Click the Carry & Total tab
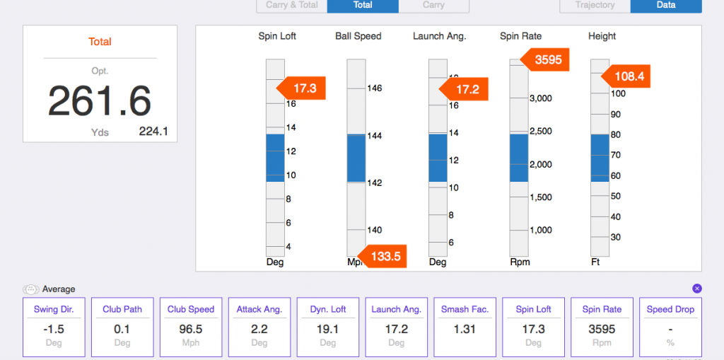pos(291,5)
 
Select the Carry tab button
pos(433,5)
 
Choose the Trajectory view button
pos(595,5)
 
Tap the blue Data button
pos(665,5)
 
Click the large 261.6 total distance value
pos(100,101)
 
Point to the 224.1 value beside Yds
pos(153,131)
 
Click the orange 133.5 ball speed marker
pos(384,256)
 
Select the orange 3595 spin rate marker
pos(547,60)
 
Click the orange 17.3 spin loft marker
pos(303,88)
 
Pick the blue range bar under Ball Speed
pos(356,158)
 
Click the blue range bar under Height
pos(600,158)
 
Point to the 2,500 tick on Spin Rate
pos(540,131)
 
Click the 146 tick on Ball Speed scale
pos(374,88)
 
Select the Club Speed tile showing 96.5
pos(191,326)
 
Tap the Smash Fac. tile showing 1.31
pos(465,326)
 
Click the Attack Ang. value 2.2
pos(259,329)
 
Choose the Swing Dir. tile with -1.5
pos(54,326)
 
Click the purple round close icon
pos(696,289)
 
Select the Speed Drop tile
pos(670,326)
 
